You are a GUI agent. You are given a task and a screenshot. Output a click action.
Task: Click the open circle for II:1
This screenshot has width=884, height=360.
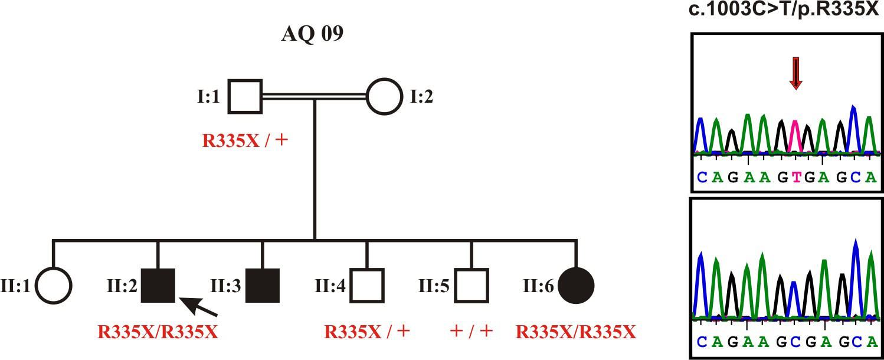pyautogui.click(x=53, y=286)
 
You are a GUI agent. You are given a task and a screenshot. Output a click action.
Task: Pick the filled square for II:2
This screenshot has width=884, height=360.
pyautogui.click(x=158, y=286)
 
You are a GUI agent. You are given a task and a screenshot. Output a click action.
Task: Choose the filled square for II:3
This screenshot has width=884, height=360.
pyautogui.click(x=263, y=286)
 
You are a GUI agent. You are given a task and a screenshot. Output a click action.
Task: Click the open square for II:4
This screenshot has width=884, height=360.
pyautogui.click(x=367, y=286)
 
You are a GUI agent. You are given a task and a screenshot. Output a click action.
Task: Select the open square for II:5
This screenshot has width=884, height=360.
pyautogui.click(x=472, y=286)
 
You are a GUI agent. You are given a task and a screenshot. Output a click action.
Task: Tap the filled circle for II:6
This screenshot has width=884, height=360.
pyautogui.click(x=576, y=286)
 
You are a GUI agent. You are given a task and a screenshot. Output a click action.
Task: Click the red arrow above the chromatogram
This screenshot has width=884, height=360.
pyautogui.click(x=795, y=73)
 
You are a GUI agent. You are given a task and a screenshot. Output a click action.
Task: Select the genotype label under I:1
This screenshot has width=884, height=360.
pyautogui.click(x=245, y=141)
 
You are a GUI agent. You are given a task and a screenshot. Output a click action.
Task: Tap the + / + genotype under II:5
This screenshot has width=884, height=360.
pyautogui.click(x=471, y=332)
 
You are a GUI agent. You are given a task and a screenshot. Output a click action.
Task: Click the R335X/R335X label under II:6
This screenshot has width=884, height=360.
pyautogui.click(x=576, y=332)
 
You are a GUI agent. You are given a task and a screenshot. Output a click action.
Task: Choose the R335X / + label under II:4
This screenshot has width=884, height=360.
pyautogui.click(x=367, y=332)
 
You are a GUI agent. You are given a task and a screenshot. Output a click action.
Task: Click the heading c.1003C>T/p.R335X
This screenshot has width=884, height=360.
pyautogui.click(x=786, y=10)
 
